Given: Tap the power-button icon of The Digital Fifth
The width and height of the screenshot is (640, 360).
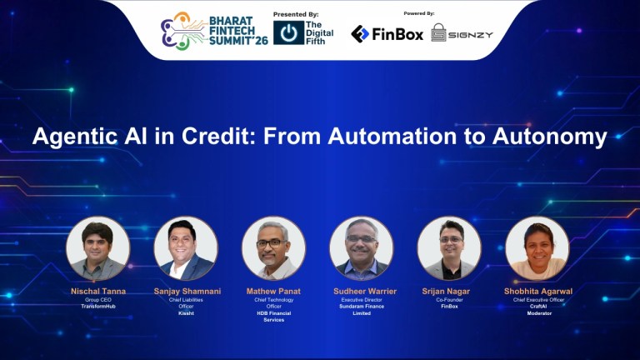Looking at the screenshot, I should point(288,32).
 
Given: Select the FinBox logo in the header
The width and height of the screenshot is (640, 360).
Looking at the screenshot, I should point(387,33).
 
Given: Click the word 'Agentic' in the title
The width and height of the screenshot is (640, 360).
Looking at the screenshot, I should point(74,137).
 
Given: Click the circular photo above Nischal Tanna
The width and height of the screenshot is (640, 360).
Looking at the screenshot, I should point(98,248).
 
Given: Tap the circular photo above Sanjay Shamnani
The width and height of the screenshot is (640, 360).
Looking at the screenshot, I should point(186,248).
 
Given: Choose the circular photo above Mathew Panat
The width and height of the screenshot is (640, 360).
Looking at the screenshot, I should point(273,248).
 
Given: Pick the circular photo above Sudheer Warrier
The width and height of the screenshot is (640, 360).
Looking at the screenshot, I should point(361,248).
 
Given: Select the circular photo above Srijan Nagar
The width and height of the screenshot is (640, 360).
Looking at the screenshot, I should point(449,248).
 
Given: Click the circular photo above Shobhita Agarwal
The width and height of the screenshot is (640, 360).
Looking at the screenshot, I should point(537,248).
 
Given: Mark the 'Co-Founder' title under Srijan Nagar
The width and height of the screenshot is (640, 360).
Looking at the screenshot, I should point(449,299).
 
